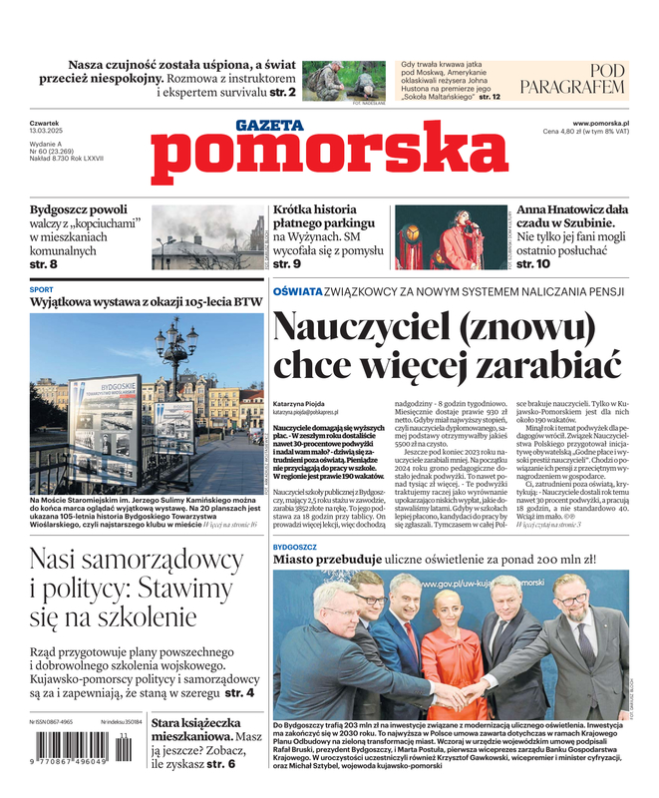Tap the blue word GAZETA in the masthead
click(x=269, y=125)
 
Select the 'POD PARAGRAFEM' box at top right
click(x=586, y=80)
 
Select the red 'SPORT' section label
click(x=42, y=289)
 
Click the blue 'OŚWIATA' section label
click(x=297, y=291)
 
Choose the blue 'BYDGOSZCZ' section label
click(x=295, y=548)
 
